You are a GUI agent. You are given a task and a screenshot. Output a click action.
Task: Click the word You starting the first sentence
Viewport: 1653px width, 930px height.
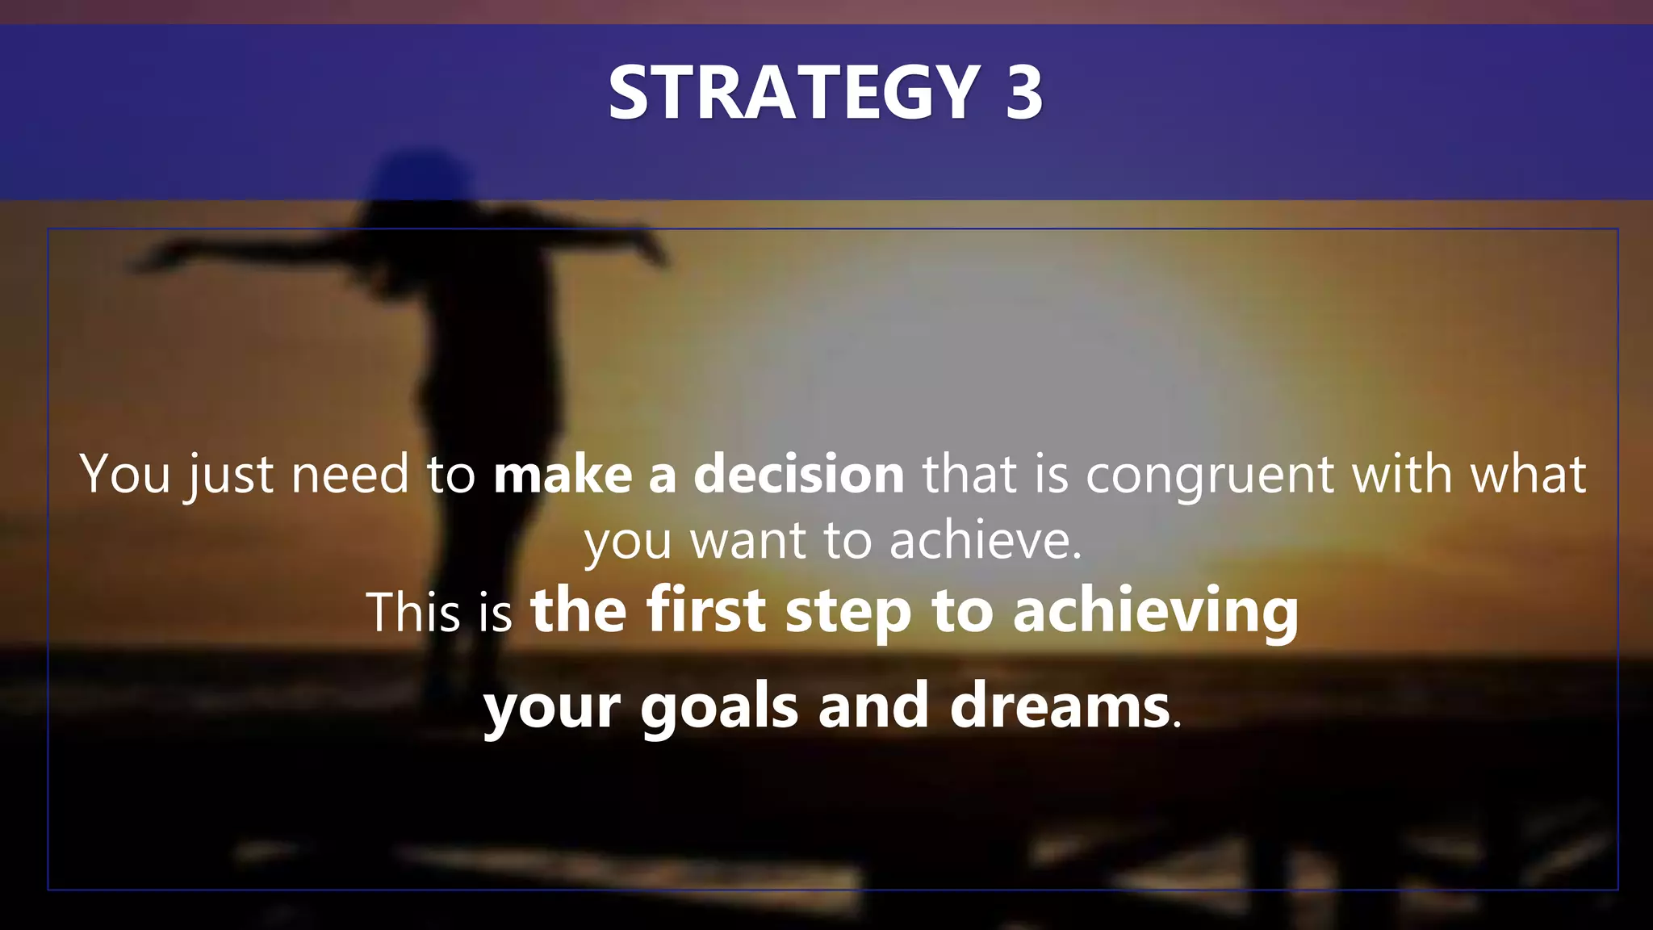[x=125, y=474]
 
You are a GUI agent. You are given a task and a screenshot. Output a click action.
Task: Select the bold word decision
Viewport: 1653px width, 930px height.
[x=799, y=474]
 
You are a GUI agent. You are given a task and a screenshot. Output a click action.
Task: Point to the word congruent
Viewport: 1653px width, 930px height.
[x=1209, y=474]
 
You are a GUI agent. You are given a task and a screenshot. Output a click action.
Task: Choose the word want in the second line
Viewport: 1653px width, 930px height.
[x=747, y=540]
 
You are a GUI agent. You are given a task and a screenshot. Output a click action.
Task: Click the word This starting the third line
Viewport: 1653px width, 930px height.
[x=412, y=612]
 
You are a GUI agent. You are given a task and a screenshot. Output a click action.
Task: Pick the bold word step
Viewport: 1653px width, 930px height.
[x=848, y=612]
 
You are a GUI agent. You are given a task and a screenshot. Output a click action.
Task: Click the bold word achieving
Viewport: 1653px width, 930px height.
[x=1155, y=612]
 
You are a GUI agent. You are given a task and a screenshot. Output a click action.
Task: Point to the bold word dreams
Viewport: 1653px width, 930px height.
[x=1060, y=706]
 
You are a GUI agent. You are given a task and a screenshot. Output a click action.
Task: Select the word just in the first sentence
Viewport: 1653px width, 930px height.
[x=230, y=475]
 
